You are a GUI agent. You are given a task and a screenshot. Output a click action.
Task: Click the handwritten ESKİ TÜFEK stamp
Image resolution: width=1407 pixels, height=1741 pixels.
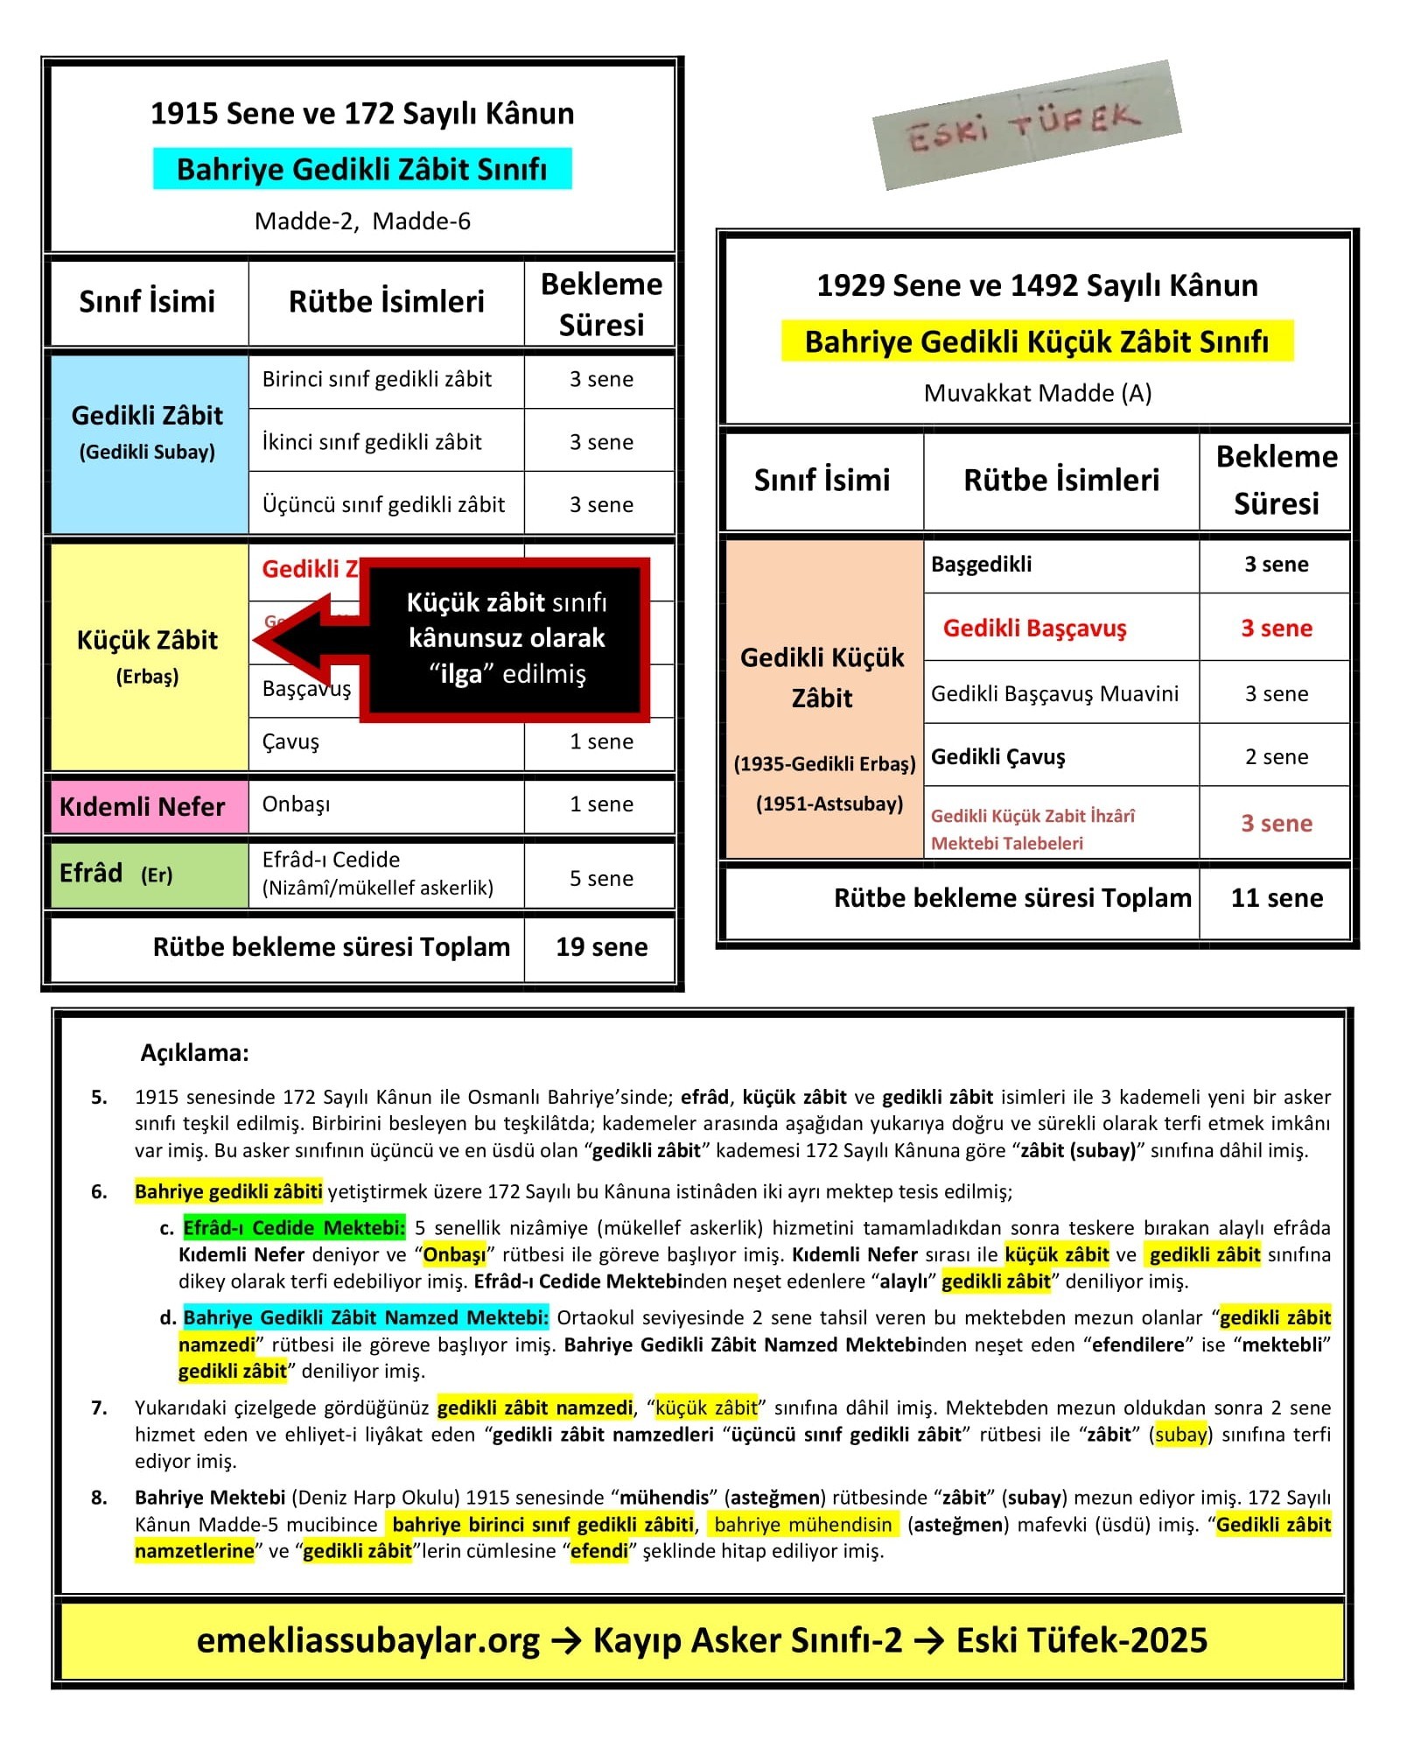click(1025, 125)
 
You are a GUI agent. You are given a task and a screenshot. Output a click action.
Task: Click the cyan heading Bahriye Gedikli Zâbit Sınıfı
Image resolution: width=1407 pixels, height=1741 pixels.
click(361, 169)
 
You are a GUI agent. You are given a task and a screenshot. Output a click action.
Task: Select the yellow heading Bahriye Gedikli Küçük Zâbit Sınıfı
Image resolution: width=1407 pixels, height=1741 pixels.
click(1037, 341)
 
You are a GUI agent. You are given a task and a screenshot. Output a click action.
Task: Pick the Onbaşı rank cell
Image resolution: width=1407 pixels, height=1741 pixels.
click(385, 804)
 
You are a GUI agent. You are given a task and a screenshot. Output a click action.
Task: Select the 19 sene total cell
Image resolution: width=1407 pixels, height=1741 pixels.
click(601, 947)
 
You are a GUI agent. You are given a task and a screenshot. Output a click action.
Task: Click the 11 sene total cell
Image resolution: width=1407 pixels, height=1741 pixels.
click(1276, 898)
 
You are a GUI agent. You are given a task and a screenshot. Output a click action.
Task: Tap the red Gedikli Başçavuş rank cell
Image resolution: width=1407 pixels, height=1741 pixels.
click(1035, 628)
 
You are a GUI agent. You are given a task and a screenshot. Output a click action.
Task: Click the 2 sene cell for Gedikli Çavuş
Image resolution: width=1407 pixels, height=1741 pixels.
click(1276, 757)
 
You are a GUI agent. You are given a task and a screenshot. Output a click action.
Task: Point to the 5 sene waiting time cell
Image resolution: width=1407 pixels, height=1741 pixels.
click(601, 878)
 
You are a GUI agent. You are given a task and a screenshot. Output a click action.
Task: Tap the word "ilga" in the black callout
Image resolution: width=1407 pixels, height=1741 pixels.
click(461, 675)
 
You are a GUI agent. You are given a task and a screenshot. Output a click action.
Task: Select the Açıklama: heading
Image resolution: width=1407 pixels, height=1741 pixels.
click(194, 1053)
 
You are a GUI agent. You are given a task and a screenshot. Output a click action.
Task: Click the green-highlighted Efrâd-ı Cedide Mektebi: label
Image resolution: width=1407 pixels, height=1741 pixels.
click(294, 1228)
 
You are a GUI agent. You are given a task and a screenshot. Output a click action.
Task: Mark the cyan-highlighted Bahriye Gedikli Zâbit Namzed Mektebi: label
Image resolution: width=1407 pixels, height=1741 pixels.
click(366, 1317)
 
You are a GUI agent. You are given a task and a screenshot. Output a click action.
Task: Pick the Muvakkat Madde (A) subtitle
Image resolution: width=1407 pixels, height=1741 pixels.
click(1037, 393)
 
